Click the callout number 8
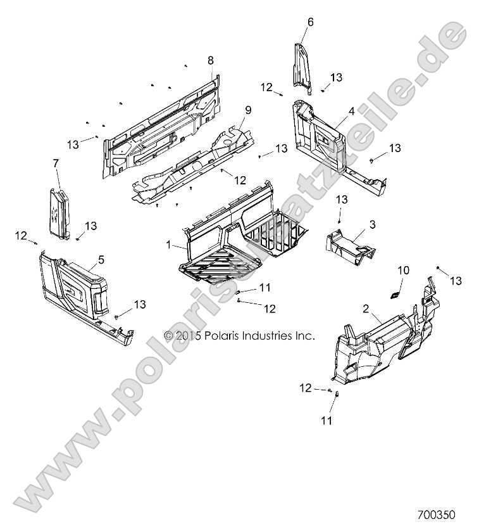211,60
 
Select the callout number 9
230,110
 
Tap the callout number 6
310,22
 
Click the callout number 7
56,163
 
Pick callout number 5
101,259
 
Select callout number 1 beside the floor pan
168,244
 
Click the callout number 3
372,224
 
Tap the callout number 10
404,271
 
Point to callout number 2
366,308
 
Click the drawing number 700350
436,516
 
